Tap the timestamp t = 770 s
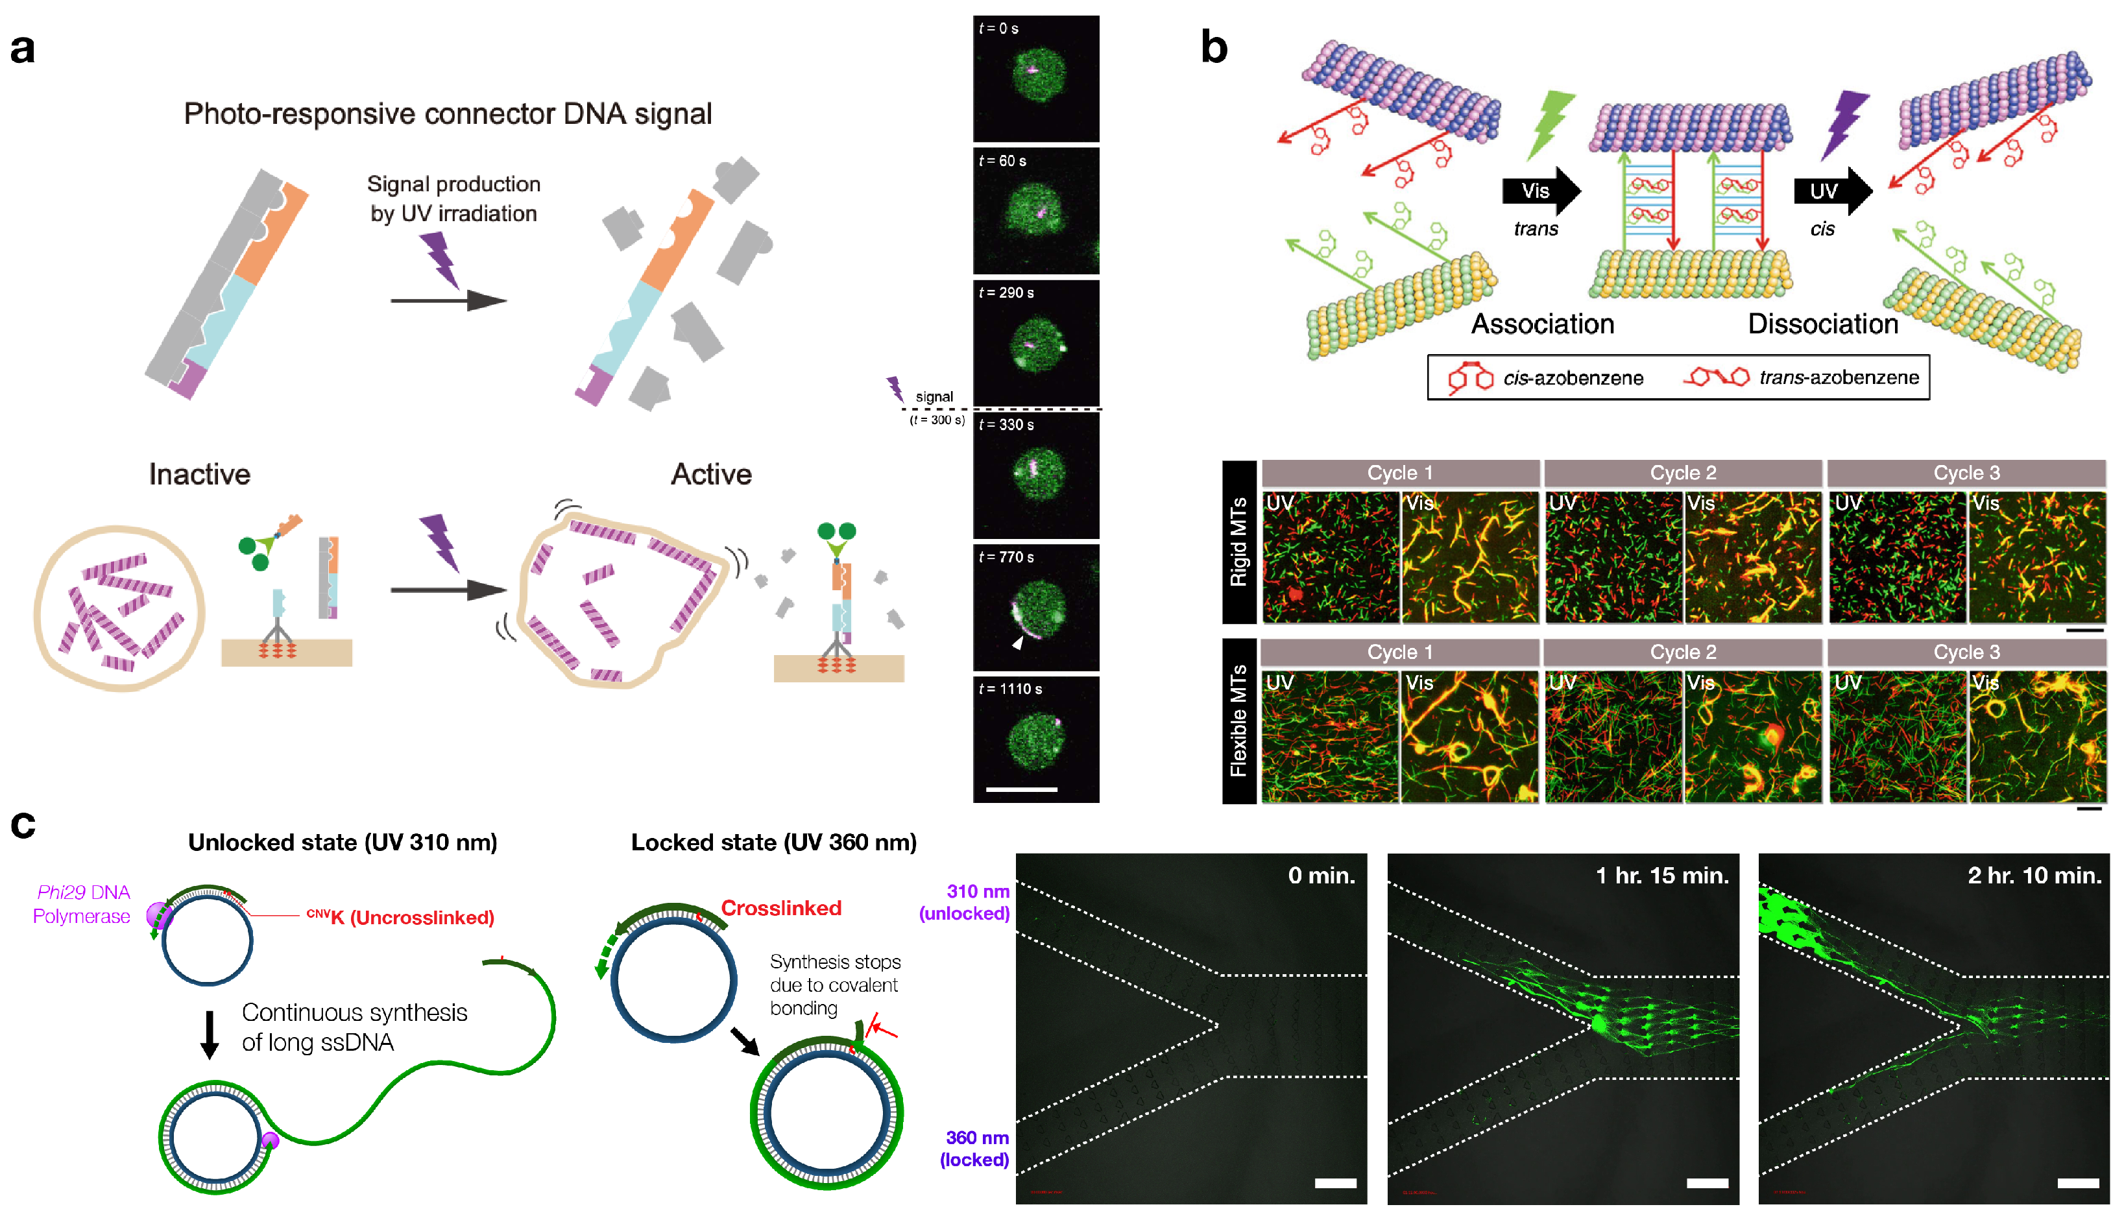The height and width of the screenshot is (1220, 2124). coord(1006,557)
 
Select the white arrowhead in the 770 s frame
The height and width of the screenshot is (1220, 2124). coord(1017,643)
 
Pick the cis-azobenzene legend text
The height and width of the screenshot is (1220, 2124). coord(1573,378)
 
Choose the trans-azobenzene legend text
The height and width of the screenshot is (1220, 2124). coord(1839,378)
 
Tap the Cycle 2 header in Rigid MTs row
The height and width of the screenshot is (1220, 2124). coord(1682,473)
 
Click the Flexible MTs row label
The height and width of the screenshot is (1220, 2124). coord(1238,721)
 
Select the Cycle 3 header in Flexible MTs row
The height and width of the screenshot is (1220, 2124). coord(1966,652)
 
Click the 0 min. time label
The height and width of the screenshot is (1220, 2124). coord(1320,876)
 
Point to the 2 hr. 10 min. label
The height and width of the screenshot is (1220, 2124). coord(2034,876)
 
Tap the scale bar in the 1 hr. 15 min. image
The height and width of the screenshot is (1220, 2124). coord(1707,1183)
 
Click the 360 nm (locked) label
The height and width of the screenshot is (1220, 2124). coord(975,1149)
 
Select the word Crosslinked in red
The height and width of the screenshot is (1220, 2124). coord(781,908)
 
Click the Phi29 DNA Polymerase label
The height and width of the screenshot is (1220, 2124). coord(82,904)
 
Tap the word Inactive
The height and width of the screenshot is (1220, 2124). coord(199,474)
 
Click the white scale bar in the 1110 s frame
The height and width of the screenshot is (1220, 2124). coord(1021,789)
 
